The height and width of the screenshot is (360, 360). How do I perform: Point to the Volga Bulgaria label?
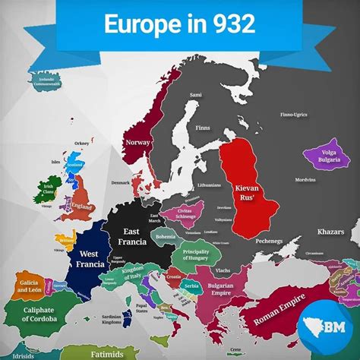(318, 156)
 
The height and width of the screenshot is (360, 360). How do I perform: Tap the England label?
(82, 206)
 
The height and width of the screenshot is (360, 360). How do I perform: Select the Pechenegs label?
(270, 241)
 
